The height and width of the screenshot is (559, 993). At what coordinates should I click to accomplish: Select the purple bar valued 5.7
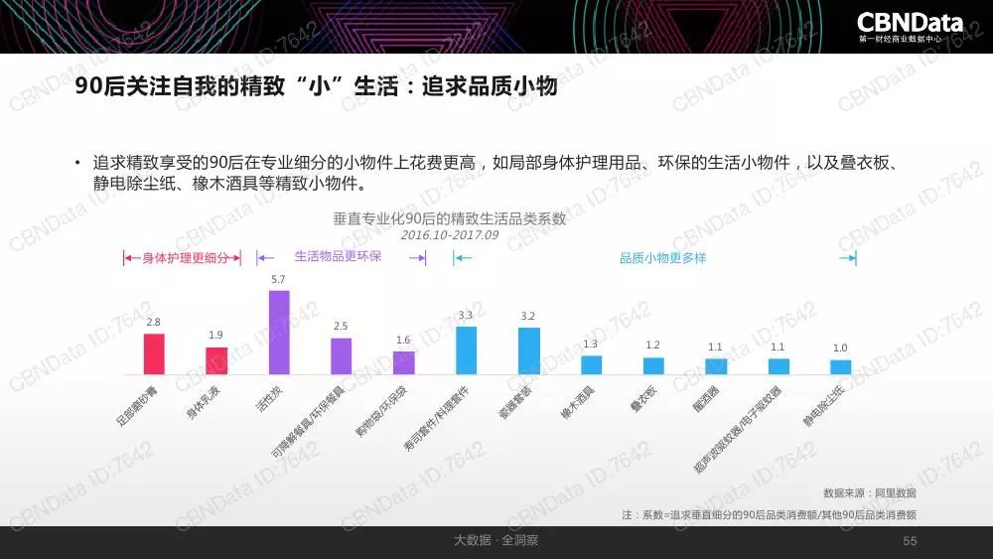pos(279,332)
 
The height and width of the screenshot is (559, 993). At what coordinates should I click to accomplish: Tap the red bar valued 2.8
pos(154,353)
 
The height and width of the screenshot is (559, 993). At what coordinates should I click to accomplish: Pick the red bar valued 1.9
pos(216,360)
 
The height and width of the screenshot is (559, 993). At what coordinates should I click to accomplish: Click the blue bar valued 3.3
pos(466,349)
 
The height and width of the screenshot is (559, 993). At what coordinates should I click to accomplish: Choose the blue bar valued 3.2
pos(528,350)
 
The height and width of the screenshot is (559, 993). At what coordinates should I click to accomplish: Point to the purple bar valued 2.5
pos(341,355)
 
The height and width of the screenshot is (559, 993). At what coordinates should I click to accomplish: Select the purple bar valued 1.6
pos(403,362)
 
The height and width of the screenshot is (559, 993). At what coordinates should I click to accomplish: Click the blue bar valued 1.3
pos(591,364)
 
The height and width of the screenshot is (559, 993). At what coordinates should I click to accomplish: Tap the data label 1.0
pos(840,348)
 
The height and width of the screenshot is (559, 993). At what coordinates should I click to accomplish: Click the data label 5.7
pos(278,280)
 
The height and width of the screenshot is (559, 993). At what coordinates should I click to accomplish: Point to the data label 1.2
pos(652,346)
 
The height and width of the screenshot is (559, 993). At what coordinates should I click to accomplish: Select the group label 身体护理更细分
pos(186,258)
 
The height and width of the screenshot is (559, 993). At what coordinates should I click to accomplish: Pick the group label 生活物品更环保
pos(338,257)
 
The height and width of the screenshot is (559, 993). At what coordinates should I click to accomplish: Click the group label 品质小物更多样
pos(662,258)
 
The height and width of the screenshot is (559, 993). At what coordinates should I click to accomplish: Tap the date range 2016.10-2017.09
pos(449,236)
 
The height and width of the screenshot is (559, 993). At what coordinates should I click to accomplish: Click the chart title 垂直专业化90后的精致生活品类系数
pos(449,218)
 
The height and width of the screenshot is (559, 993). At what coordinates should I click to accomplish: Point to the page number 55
pos(910,541)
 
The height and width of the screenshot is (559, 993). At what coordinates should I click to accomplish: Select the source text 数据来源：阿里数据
pos(869,493)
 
